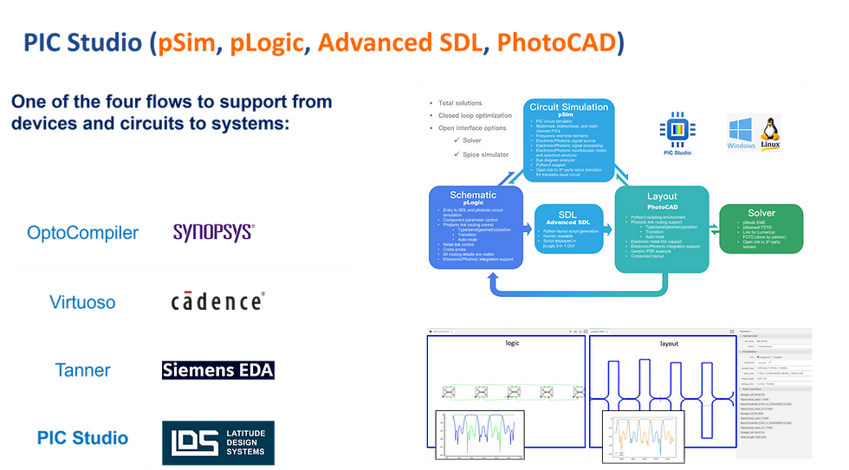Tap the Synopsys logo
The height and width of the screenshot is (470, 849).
coord(213,231)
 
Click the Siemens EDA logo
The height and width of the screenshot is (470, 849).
coord(217,370)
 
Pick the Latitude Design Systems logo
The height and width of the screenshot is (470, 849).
coord(218,441)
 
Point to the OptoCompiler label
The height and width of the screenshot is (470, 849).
coord(81,232)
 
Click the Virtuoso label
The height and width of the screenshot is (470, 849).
coord(81,301)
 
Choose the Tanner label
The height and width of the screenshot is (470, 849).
coord(81,370)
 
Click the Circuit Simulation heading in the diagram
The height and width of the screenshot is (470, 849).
coord(567,108)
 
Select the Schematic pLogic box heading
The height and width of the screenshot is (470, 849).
coord(476,196)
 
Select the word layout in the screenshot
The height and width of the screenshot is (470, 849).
coord(669,344)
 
